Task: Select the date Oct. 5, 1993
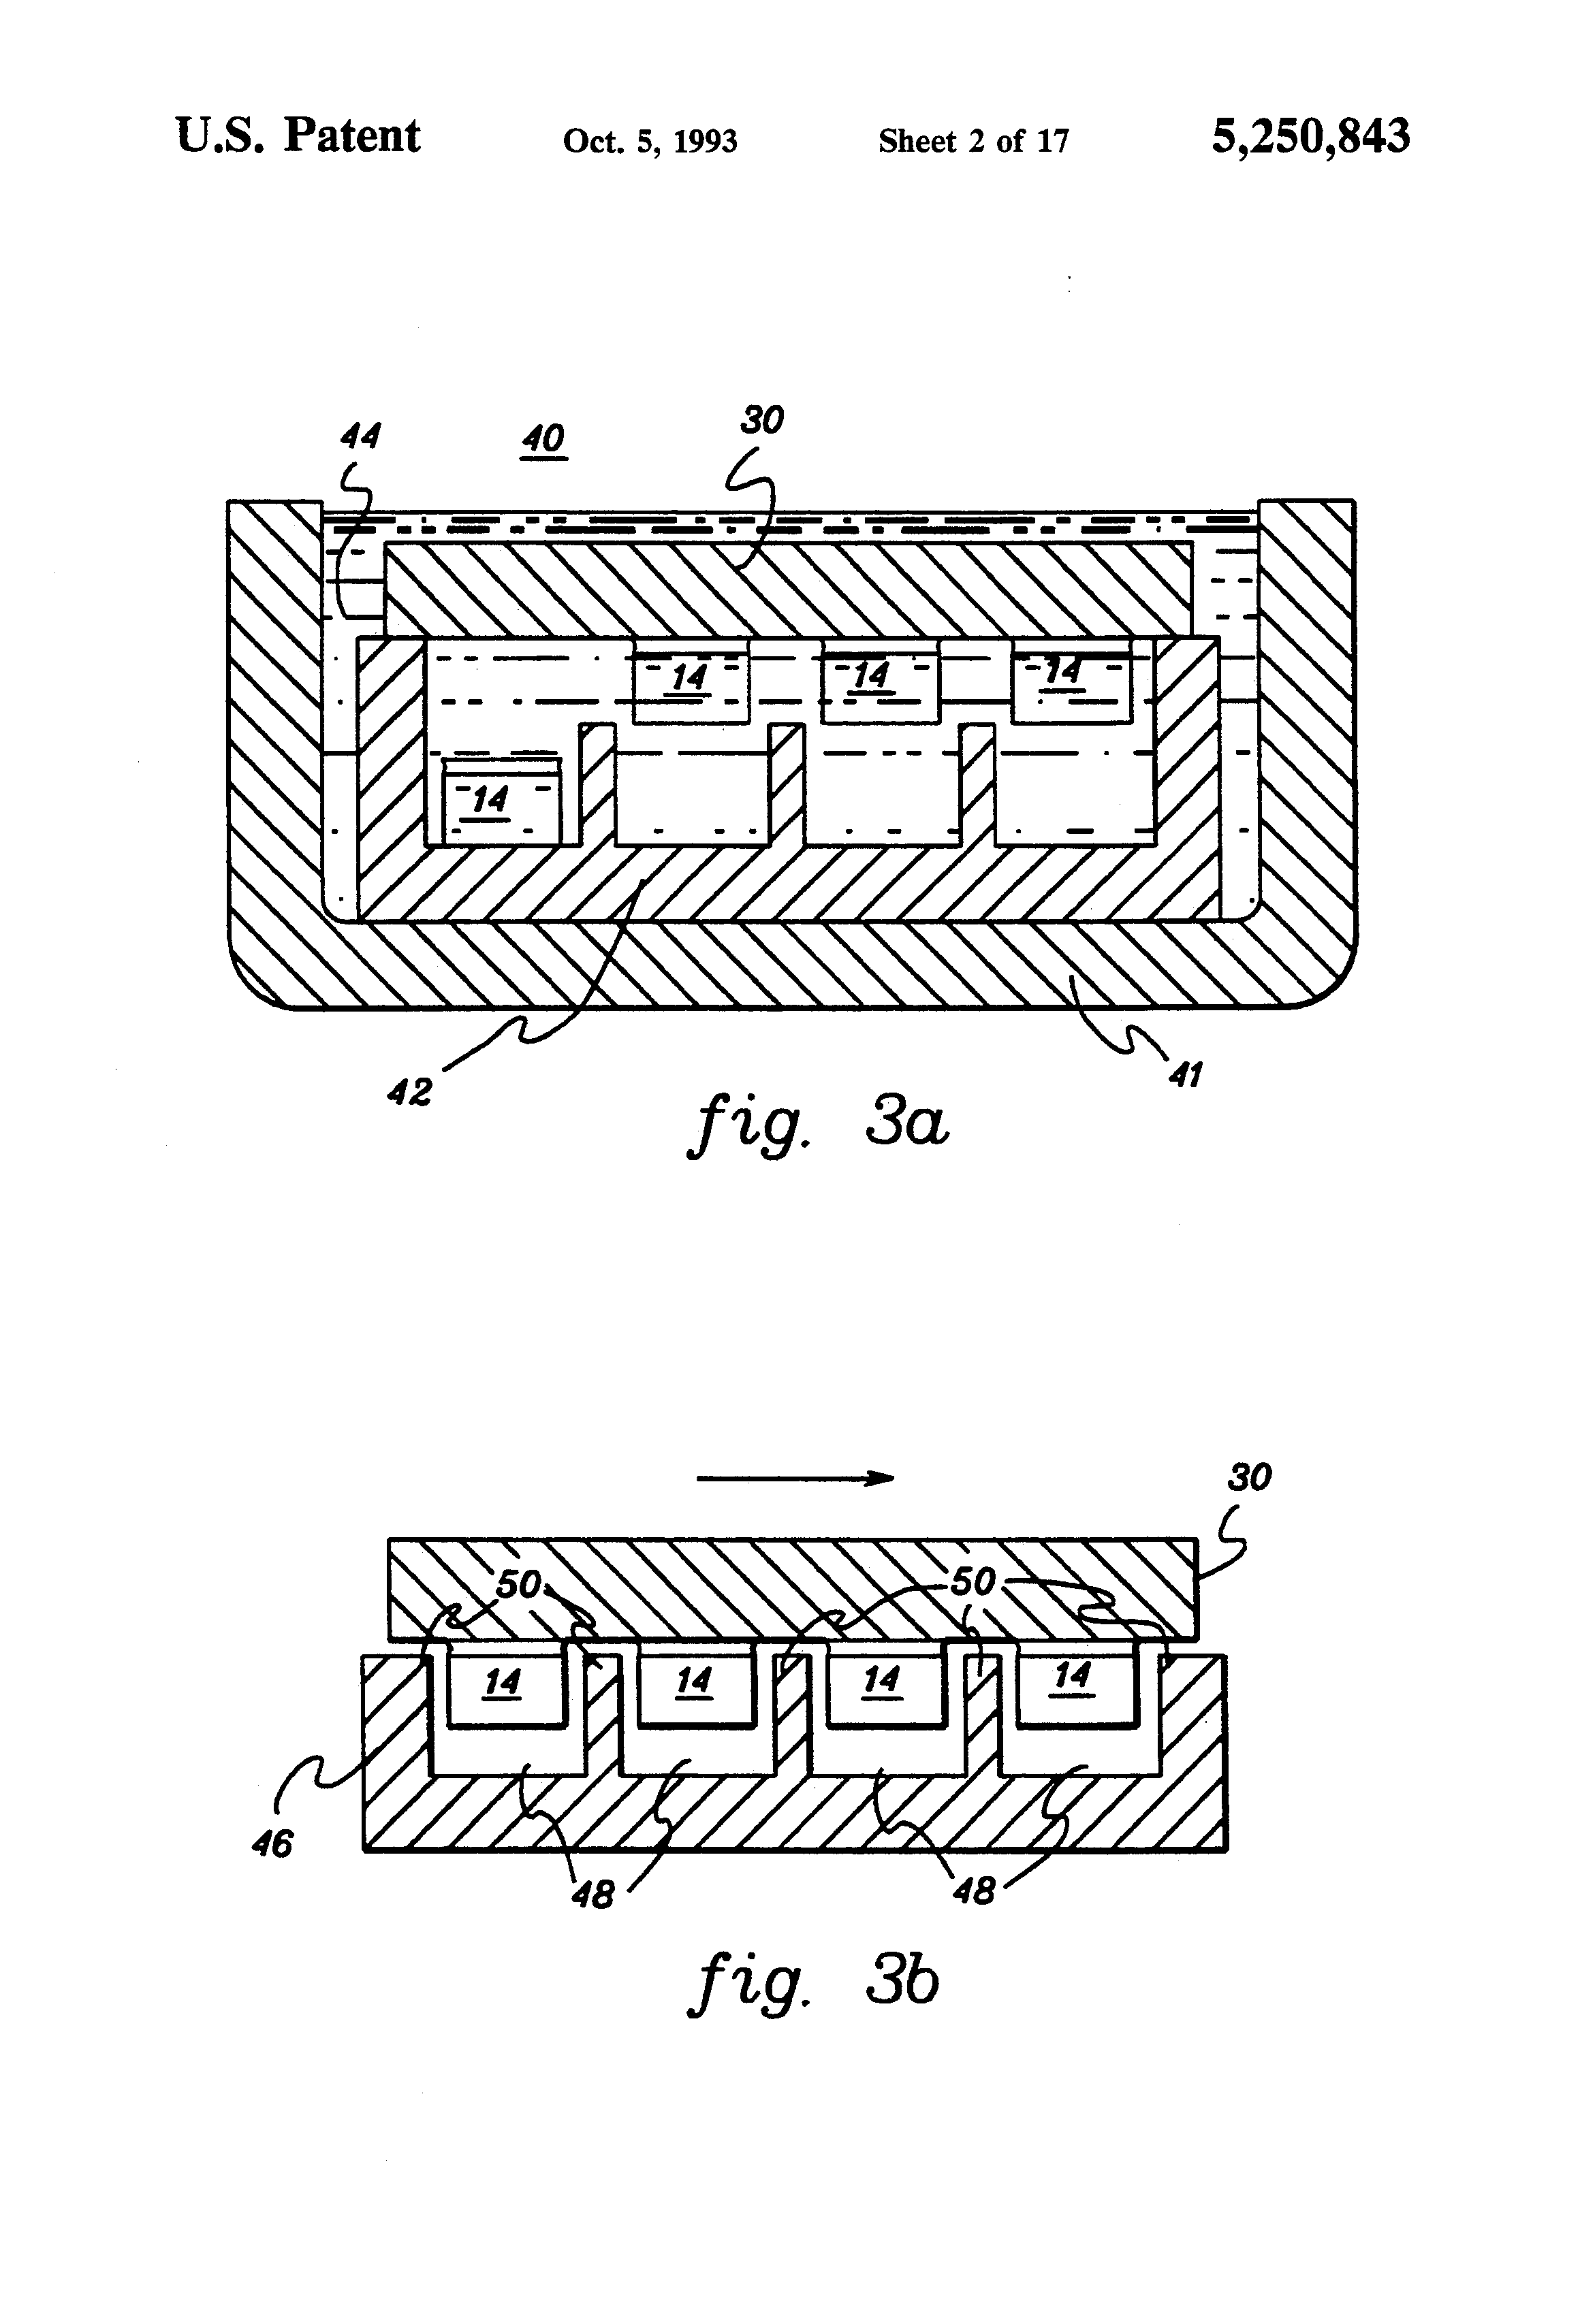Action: pos(650,141)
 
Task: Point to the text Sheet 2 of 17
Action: pos(973,141)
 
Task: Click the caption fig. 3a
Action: pos(818,1123)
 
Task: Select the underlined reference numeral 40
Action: pos(543,438)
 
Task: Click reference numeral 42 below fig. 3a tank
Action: pos(409,1092)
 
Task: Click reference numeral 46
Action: pos(272,1843)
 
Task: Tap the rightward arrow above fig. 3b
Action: pos(794,1479)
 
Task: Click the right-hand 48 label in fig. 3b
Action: pos(975,1890)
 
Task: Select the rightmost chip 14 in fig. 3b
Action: pos(1075,1678)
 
